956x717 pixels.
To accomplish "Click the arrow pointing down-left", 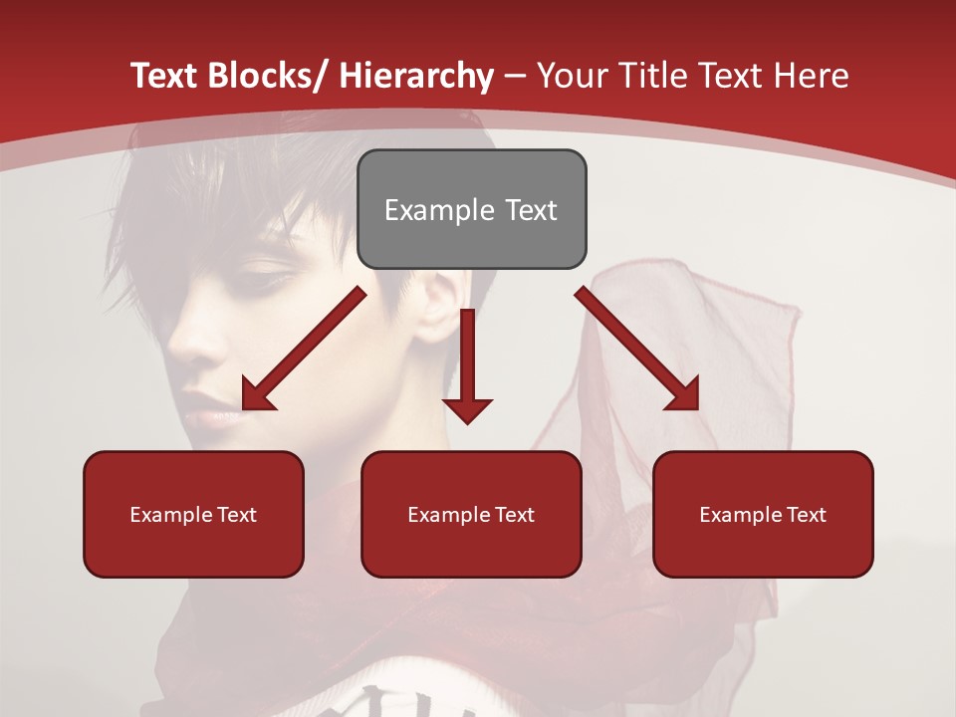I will (x=304, y=349).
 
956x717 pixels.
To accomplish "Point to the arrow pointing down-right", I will (x=637, y=349).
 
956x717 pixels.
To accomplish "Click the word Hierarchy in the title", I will (x=416, y=76).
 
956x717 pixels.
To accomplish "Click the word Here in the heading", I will (x=810, y=76).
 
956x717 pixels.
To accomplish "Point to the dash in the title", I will (x=515, y=76).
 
